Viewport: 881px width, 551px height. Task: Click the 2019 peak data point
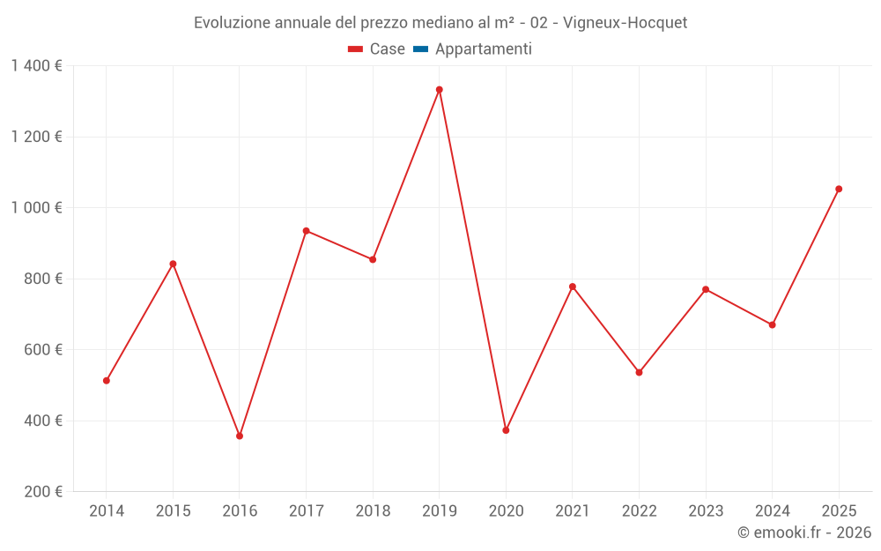click(x=439, y=90)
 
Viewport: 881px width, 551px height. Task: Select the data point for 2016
click(x=240, y=436)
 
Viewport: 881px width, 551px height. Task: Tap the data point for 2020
click(x=506, y=430)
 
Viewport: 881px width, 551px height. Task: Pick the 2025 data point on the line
click(x=839, y=189)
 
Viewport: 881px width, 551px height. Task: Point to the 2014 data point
click(x=107, y=381)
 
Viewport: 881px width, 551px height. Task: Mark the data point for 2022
click(x=639, y=372)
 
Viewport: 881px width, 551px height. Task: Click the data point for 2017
click(x=306, y=231)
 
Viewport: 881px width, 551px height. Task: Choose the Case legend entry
click(x=377, y=49)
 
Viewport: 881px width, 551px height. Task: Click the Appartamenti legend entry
click(x=473, y=49)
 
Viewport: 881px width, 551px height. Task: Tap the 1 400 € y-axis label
click(x=36, y=66)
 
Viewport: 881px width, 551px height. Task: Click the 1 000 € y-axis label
click(x=36, y=208)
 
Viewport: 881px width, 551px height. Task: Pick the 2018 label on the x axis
click(x=373, y=510)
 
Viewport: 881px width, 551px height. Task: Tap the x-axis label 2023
click(x=706, y=510)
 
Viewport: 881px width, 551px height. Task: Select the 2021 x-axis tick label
click(x=573, y=510)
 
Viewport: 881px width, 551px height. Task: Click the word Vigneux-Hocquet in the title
click(x=626, y=22)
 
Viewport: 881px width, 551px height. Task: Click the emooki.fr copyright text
click(x=804, y=532)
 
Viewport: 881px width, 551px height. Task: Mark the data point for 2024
click(x=772, y=325)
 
